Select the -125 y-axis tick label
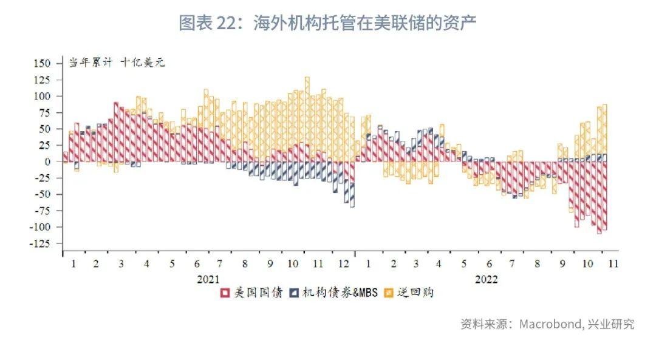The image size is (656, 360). (40, 243)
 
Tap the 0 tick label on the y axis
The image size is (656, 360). (50, 161)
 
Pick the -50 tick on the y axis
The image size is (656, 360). (43, 194)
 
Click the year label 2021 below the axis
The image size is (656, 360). (208, 279)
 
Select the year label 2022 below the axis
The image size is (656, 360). (487, 279)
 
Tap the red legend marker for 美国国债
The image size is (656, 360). (224, 293)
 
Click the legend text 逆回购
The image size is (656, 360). (415, 293)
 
